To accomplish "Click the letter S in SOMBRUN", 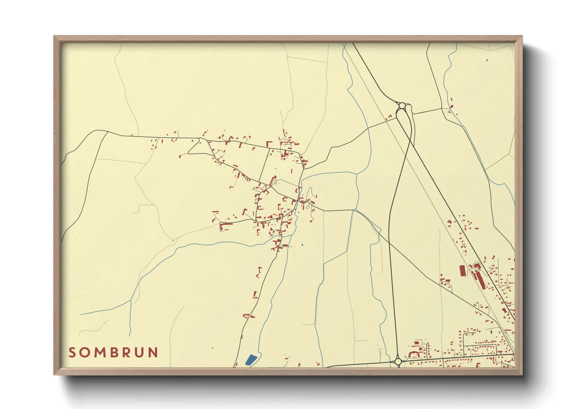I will pyautogui.click(x=72, y=353).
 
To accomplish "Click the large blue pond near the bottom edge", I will pyautogui.click(x=250, y=360).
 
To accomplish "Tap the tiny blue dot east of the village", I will pyautogui.click(x=302, y=245).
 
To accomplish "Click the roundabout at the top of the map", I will pyautogui.click(x=402, y=105).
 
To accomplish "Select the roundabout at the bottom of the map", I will pyautogui.click(x=398, y=361).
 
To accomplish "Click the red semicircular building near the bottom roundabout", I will pyautogui.click(x=413, y=354).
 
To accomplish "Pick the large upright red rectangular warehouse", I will pyautogui.click(x=462, y=271).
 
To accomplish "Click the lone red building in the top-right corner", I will pyautogui.click(x=487, y=60).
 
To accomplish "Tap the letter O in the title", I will pyautogui.click(x=85, y=353).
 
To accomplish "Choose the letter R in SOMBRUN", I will pyautogui.click(x=127, y=353).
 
